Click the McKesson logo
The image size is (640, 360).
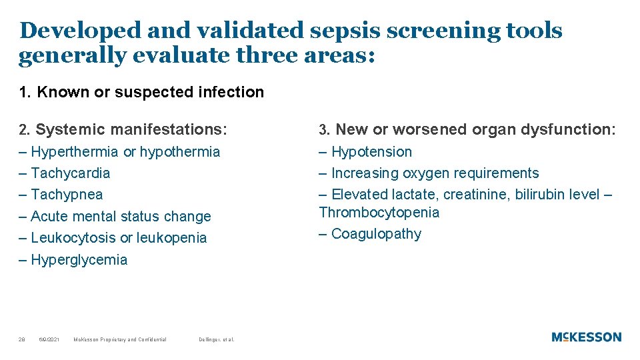click(586, 337)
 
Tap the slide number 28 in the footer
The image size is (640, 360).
click(22, 340)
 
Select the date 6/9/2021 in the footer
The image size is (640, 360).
click(49, 340)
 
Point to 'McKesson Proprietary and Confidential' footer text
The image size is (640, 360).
click(120, 340)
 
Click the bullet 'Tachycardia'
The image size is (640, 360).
click(70, 173)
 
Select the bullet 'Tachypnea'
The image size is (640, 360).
click(67, 195)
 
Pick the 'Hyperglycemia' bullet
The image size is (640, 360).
click(79, 260)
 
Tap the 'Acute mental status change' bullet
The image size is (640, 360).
click(120, 217)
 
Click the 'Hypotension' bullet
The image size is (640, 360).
click(371, 152)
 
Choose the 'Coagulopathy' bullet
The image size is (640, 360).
click(376, 234)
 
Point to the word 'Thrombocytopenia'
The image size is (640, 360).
click(379, 213)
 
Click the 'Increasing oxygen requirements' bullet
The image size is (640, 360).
click(435, 173)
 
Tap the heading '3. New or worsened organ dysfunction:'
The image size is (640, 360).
click(467, 129)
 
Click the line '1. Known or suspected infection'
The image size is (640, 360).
click(141, 92)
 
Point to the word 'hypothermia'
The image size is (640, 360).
click(180, 152)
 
